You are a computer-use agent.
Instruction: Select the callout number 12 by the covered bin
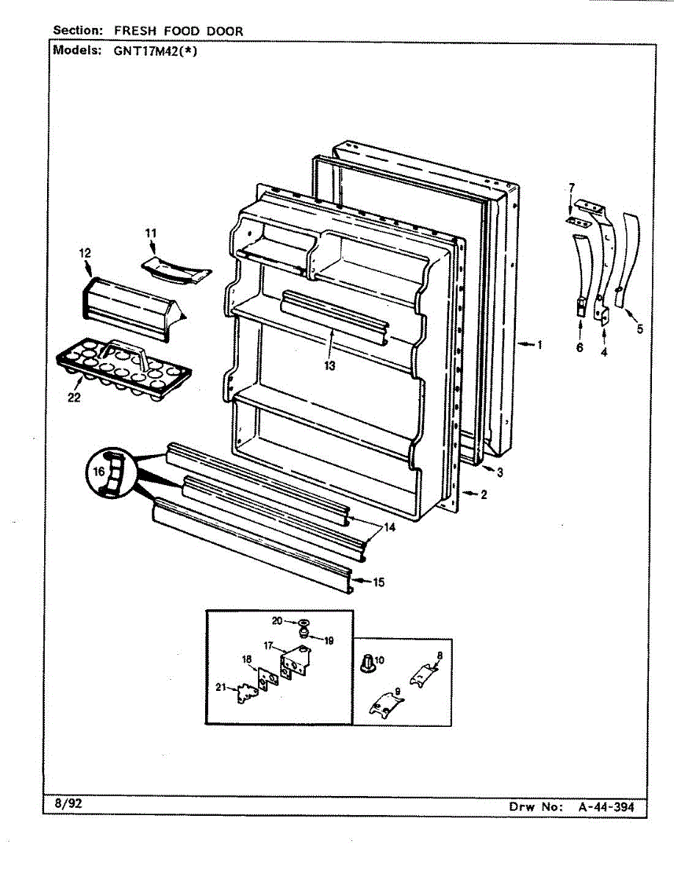(x=85, y=253)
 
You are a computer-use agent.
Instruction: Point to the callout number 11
(x=151, y=233)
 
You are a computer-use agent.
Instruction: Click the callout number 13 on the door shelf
(x=329, y=366)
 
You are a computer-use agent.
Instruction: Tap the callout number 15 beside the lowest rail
(x=379, y=583)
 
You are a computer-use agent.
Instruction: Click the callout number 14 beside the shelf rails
(x=390, y=527)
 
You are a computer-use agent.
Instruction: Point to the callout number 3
(x=499, y=472)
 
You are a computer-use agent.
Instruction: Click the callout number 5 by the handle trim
(x=639, y=329)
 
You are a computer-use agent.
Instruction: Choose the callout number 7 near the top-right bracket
(x=571, y=188)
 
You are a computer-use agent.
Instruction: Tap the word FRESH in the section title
(x=133, y=31)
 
